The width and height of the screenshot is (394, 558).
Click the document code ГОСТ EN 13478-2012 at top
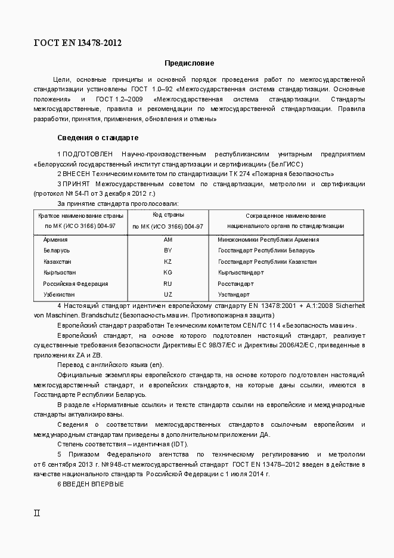click(x=78, y=42)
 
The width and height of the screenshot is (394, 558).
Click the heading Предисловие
click(x=190, y=63)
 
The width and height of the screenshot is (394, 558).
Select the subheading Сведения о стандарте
click(x=98, y=137)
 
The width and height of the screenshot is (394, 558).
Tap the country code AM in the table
click(x=167, y=240)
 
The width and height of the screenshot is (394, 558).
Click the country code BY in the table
click(x=167, y=251)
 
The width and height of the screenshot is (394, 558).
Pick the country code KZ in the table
click(x=167, y=262)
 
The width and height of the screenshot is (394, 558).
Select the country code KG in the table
click(x=167, y=273)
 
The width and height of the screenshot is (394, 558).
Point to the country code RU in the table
click(x=167, y=284)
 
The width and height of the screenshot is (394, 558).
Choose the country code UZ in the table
click(x=167, y=295)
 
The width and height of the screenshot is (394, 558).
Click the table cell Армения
click(x=55, y=240)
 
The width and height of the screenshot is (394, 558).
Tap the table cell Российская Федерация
click(x=75, y=284)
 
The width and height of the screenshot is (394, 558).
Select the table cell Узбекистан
click(x=59, y=295)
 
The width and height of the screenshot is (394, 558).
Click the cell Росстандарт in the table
click(x=235, y=284)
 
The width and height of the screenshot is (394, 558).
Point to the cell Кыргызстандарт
click(x=241, y=273)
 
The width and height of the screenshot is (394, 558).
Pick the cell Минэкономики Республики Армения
click(x=268, y=240)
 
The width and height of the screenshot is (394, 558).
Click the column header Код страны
click(x=167, y=214)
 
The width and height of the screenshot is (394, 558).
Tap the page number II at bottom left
click(x=36, y=513)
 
